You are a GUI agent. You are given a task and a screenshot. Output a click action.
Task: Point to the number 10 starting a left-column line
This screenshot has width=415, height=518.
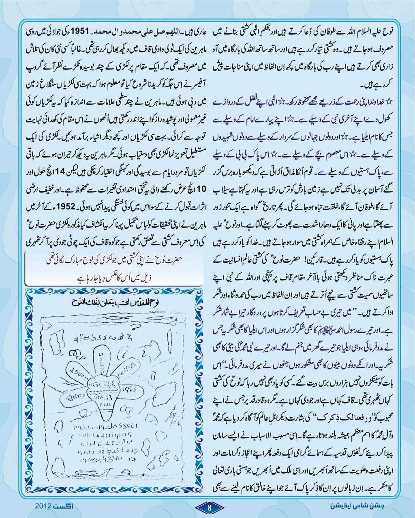(206, 188)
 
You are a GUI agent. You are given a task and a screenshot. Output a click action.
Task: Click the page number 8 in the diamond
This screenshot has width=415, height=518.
(209, 507)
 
